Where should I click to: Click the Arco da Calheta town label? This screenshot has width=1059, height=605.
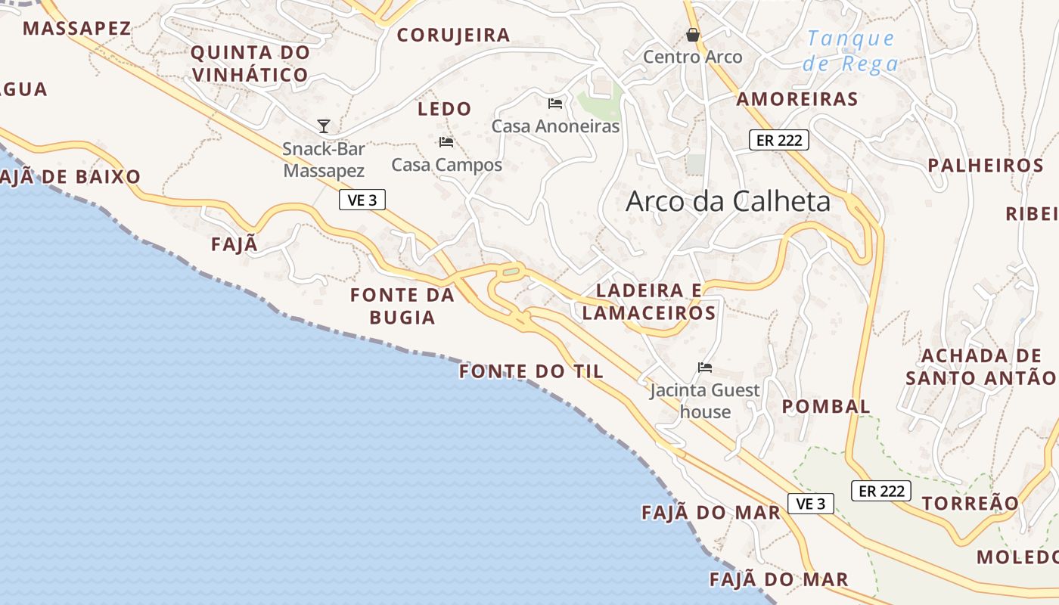pos(728,201)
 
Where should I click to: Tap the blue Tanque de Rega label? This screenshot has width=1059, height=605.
pos(850,51)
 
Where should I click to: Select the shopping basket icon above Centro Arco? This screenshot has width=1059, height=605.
pos(692,35)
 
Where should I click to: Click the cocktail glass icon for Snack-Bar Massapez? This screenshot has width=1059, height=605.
pos(324,126)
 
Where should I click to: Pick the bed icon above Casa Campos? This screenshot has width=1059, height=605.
pos(446,141)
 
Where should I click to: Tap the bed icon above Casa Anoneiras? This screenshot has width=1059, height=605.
pos(555,103)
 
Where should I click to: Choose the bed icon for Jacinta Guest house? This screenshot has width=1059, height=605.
pos(705,368)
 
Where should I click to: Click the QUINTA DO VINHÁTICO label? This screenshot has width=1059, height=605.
pos(250,64)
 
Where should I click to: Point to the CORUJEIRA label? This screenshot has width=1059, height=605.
pos(453,35)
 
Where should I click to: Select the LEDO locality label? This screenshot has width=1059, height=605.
pos(444,109)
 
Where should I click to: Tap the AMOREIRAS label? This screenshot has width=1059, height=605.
pos(797,99)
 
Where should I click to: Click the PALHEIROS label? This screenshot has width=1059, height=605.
pos(986,166)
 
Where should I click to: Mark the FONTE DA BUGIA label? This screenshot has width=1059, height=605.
pos(402,306)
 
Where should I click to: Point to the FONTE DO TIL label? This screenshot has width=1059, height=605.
pos(532,371)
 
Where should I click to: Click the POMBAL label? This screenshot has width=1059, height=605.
pos(826,406)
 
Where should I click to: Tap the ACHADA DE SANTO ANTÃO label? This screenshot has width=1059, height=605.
pos(980,367)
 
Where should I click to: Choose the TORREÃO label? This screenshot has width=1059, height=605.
pos(970,503)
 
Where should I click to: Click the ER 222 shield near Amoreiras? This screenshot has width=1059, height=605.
pos(779,140)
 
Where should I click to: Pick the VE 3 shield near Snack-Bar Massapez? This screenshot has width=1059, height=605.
pos(363,200)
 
